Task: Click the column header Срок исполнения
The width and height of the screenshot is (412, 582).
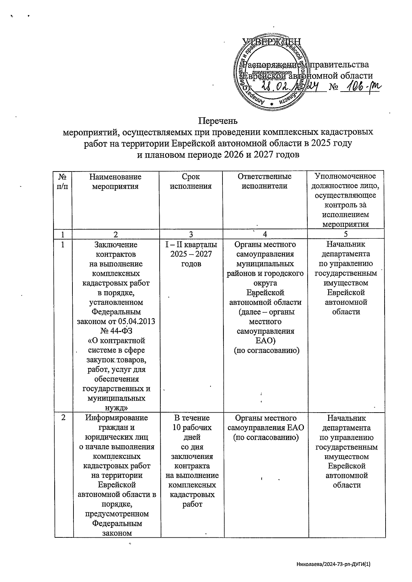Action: point(191,181)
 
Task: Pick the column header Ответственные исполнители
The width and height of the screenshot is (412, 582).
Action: point(264,181)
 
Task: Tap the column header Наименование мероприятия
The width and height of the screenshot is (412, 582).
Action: point(115,181)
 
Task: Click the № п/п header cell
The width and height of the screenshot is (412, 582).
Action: point(62,181)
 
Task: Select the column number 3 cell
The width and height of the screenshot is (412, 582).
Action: point(191,234)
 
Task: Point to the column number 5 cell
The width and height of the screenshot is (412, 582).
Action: point(346,234)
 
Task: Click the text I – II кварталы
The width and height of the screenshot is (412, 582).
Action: point(191,245)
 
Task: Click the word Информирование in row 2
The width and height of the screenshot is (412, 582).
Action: point(116,418)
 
